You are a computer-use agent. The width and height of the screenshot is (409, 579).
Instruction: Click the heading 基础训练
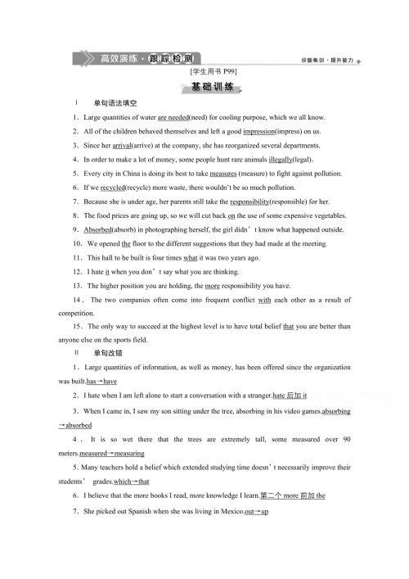coord(204,86)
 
